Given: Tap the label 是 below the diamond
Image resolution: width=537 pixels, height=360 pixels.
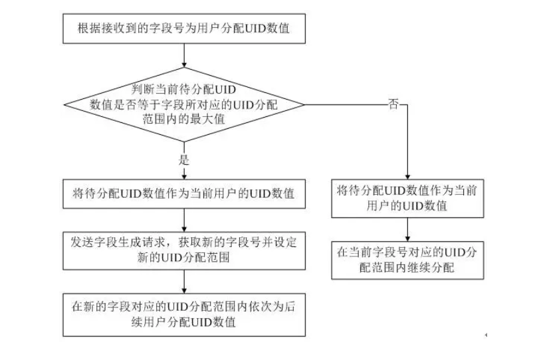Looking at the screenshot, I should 184,161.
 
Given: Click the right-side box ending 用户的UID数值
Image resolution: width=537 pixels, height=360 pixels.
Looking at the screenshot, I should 405,198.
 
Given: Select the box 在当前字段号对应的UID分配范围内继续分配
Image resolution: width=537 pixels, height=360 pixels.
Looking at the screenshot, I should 405,260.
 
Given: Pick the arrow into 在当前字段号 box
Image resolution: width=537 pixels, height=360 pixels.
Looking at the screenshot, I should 406,229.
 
